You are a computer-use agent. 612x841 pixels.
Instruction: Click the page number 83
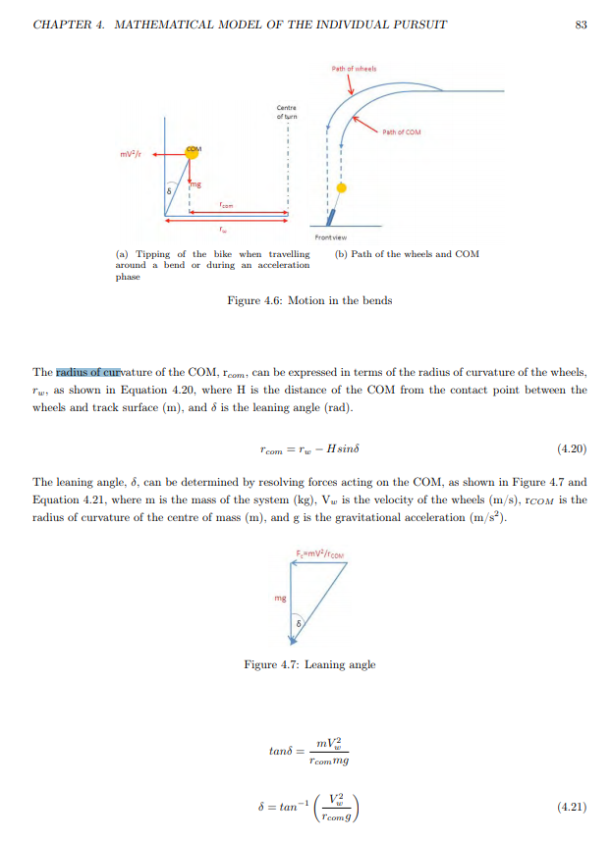[581, 25]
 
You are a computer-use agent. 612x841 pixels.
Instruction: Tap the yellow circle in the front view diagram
[340, 185]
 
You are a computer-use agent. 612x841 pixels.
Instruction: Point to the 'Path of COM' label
[401, 131]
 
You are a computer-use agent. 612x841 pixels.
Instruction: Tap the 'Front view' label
[328, 237]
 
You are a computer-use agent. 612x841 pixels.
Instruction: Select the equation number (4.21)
[571, 807]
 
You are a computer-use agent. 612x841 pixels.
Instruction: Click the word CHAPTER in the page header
[64, 25]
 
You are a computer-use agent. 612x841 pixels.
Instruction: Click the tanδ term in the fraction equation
[282, 752]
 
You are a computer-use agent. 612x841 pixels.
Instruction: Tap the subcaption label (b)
[342, 254]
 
